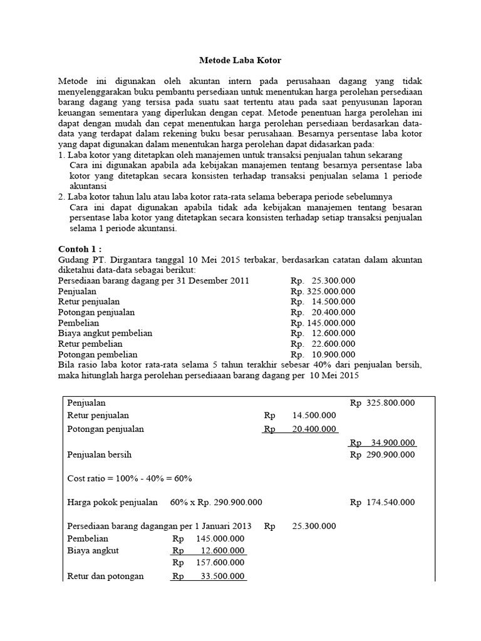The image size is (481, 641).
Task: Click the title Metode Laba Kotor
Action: point(240,61)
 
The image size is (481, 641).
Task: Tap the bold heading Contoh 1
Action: point(80,249)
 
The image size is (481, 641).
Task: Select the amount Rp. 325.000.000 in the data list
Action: point(323,291)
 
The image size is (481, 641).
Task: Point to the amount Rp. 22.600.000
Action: point(323,344)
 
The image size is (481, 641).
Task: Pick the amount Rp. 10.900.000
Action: point(323,354)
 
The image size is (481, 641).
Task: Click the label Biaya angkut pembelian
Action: point(105,333)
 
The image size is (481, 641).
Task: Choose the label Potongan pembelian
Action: point(97,354)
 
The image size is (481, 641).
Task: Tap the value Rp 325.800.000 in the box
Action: point(382,403)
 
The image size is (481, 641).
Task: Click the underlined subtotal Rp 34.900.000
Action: point(382,443)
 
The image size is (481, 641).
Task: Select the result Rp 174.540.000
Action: point(382,502)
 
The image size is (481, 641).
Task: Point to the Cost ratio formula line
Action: point(130,478)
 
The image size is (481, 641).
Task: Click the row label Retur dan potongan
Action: point(105,577)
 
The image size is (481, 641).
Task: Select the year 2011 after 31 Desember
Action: point(240,280)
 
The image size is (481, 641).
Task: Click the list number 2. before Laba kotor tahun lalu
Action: point(61,197)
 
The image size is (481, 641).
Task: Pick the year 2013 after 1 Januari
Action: point(241,526)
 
